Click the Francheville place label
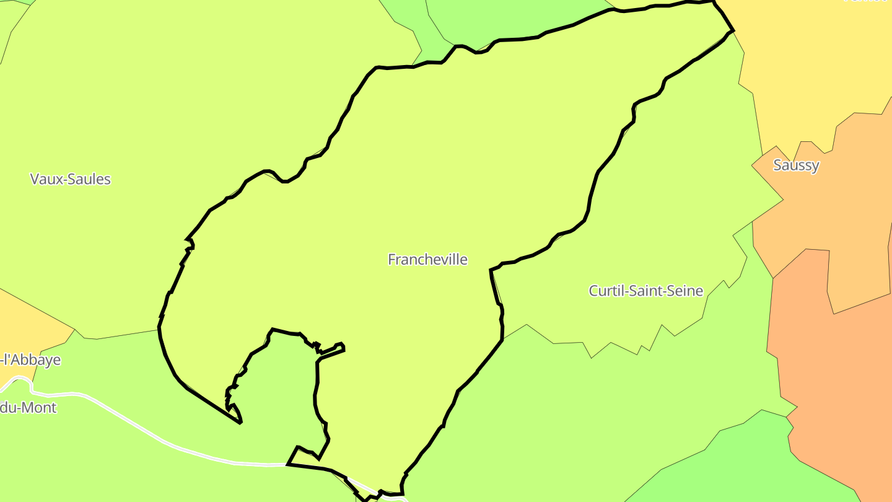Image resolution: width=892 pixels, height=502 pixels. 427,259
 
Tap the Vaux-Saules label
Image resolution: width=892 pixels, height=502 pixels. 71,179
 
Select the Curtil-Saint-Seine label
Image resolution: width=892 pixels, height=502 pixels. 645,290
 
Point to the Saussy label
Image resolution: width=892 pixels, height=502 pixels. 796,165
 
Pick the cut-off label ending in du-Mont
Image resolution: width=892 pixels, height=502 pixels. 28,408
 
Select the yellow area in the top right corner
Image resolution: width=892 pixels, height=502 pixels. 811,62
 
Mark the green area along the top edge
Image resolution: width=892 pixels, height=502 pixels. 514,19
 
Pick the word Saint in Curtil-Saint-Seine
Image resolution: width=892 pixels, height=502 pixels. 644,290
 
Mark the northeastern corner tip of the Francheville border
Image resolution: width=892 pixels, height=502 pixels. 733,29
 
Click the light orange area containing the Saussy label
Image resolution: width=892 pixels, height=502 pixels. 805,205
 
